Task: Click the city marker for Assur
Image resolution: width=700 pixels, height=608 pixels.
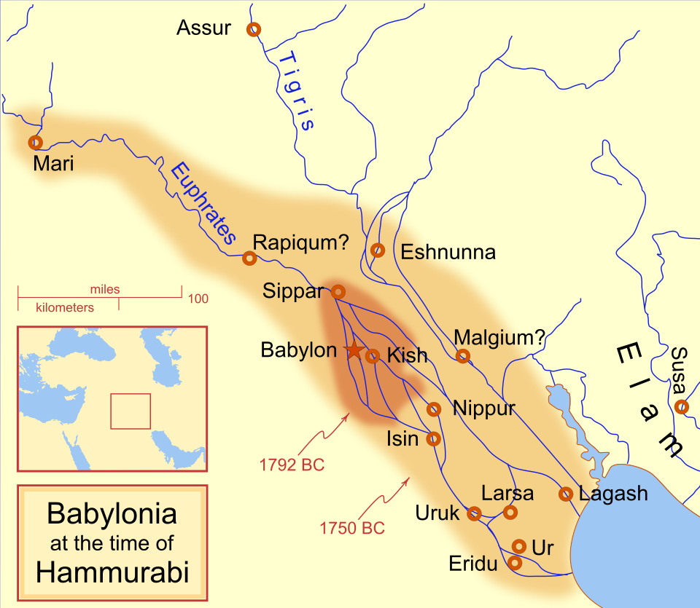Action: coord(254,29)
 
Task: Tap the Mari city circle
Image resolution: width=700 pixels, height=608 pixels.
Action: coord(34,142)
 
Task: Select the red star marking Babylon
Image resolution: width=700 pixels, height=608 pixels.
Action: coord(354,350)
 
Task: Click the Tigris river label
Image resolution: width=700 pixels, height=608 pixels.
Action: coord(297,90)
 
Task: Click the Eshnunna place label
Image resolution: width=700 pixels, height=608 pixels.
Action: coord(448,253)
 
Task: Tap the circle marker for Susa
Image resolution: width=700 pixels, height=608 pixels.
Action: coord(682,406)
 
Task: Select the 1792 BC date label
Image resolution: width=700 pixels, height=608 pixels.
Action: coord(292,464)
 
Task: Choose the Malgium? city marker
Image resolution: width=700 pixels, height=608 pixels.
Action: coord(462,356)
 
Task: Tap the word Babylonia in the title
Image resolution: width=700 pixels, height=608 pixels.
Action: coord(112,514)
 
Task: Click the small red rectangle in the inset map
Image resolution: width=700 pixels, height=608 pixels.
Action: coord(131,411)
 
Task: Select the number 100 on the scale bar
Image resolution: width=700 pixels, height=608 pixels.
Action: coord(198,299)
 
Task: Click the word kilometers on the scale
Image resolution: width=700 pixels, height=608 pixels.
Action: coord(65,307)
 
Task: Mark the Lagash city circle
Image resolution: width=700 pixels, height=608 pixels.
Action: coord(566,494)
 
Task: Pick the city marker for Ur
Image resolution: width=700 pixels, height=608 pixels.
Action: coord(519,545)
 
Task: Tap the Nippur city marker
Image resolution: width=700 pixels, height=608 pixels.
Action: coord(434,409)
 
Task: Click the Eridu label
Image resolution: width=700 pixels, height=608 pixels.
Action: coord(473,564)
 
